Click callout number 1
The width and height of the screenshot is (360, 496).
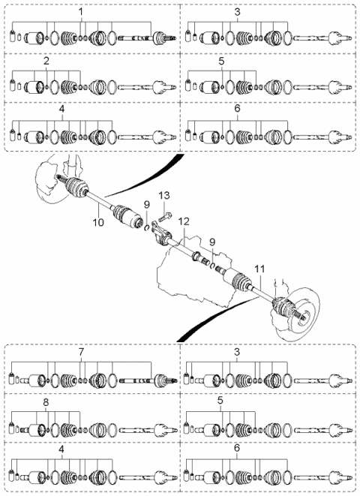(81, 12)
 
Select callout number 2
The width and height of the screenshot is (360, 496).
(46, 61)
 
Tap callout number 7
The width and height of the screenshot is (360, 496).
(81, 352)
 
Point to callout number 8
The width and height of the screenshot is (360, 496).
(46, 402)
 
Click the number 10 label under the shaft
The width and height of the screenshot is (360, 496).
(98, 222)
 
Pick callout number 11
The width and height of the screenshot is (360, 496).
(259, 269)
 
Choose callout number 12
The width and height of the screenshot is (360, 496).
(184, 221)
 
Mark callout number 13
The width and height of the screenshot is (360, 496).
(164, 195)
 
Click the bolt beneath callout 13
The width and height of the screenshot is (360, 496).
(164, 218)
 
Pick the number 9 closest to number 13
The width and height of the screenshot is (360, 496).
(147, 205)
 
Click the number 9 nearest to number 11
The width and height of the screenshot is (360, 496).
(211, 243)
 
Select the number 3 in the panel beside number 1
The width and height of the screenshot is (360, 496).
(237, 12)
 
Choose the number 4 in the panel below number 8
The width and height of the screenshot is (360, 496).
(61, 449)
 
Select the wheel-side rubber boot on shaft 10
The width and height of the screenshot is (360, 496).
(76, 188)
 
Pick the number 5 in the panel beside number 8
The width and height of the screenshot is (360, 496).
(220, 401)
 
